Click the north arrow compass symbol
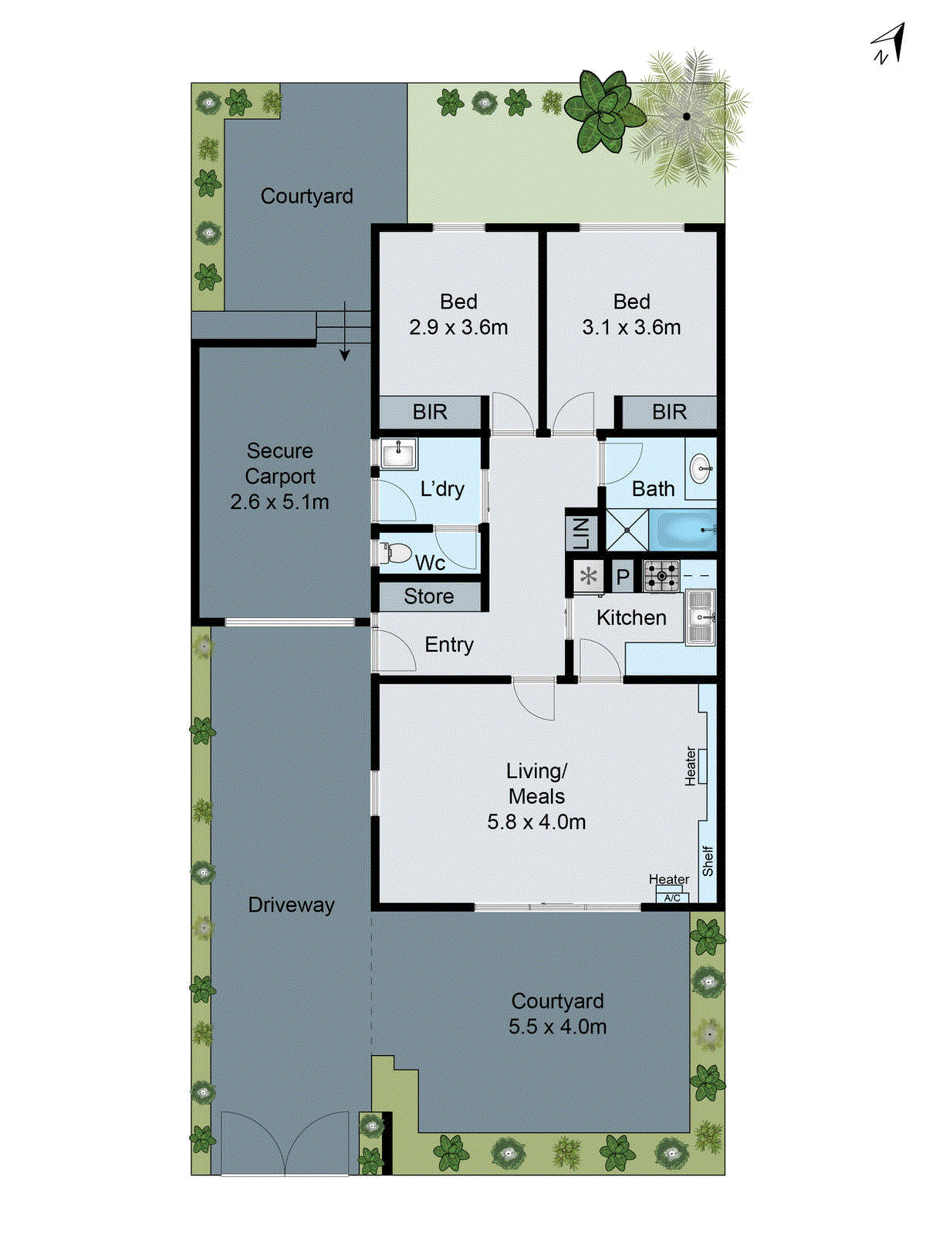(889, 44)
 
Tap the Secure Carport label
(279, 464)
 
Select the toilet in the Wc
(396, 552)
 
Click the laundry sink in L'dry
(399, 453)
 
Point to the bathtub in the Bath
(682, 530)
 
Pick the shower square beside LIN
(626, 530)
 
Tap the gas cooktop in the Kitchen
(662, 576)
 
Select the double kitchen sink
(701, 616)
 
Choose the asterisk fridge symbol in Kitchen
(589, 577)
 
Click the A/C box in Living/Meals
(672, 898)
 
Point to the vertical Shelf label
(708, 861)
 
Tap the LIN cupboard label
(581, 533)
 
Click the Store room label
(428, 596)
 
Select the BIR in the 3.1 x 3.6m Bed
(668, 412)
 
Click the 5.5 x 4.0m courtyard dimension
(557, 1027)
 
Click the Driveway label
(291, 905)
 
